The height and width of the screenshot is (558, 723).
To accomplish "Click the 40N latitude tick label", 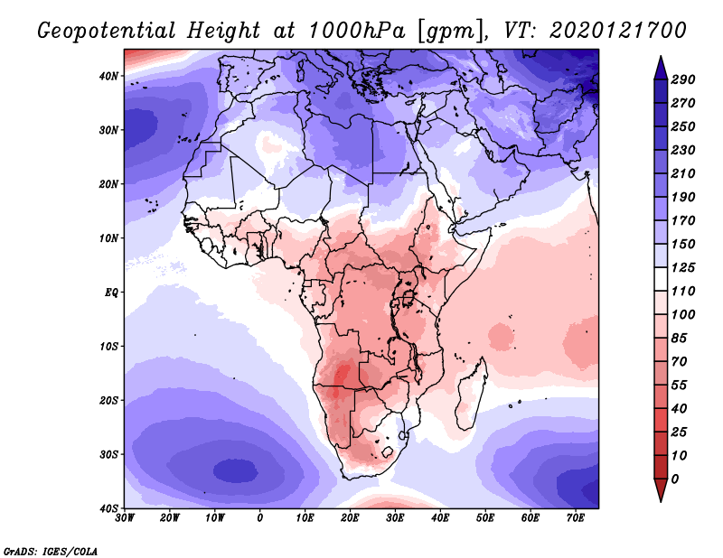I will tap(109, 76).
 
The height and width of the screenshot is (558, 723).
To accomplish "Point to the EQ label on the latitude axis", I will tap(111, 293).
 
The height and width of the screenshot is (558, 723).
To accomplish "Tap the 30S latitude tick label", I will tap(109, 454).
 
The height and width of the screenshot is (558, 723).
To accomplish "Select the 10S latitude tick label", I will tap(109, 347).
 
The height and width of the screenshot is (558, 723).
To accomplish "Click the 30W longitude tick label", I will tap(125, 517).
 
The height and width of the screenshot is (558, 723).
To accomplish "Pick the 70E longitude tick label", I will tap(576, 517).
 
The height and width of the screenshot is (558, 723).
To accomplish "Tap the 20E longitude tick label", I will tap(350, 517).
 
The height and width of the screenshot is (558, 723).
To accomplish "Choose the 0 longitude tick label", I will tap(260, 517).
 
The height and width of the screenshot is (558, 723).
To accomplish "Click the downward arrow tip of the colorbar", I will tap(661, 499).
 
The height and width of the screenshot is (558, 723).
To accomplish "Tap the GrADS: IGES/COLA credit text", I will tap(51, 550).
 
